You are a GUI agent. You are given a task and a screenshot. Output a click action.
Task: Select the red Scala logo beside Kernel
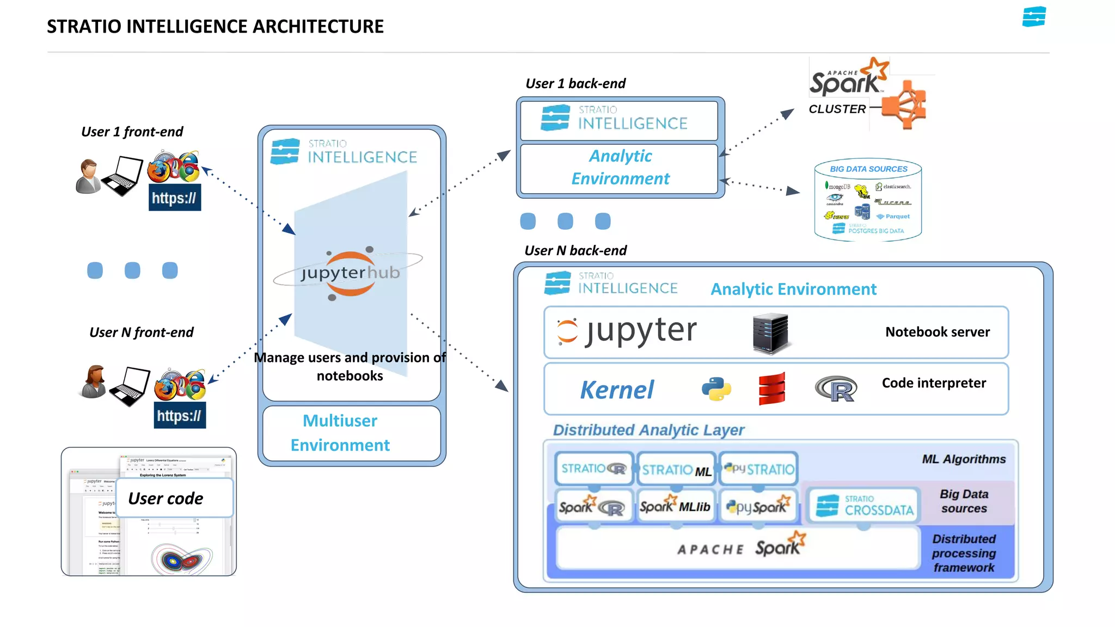772,389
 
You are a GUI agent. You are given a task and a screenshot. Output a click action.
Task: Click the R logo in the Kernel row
836,389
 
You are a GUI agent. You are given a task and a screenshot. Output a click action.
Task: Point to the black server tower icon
770,333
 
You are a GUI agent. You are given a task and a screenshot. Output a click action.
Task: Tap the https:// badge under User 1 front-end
174,198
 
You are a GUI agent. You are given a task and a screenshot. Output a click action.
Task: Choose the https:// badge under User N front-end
180,416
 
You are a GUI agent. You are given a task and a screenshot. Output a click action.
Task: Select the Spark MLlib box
675,507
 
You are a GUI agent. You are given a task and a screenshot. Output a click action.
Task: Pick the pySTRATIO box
759,469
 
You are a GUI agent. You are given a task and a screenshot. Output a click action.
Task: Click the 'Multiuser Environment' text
340,433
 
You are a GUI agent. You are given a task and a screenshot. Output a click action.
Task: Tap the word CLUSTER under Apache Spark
837,109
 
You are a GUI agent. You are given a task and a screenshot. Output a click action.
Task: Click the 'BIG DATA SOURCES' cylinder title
868,169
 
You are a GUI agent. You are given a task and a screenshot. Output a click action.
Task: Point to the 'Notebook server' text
937,332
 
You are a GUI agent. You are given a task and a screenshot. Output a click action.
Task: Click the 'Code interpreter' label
934,383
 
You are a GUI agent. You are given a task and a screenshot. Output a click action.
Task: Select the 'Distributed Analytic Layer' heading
648,430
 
